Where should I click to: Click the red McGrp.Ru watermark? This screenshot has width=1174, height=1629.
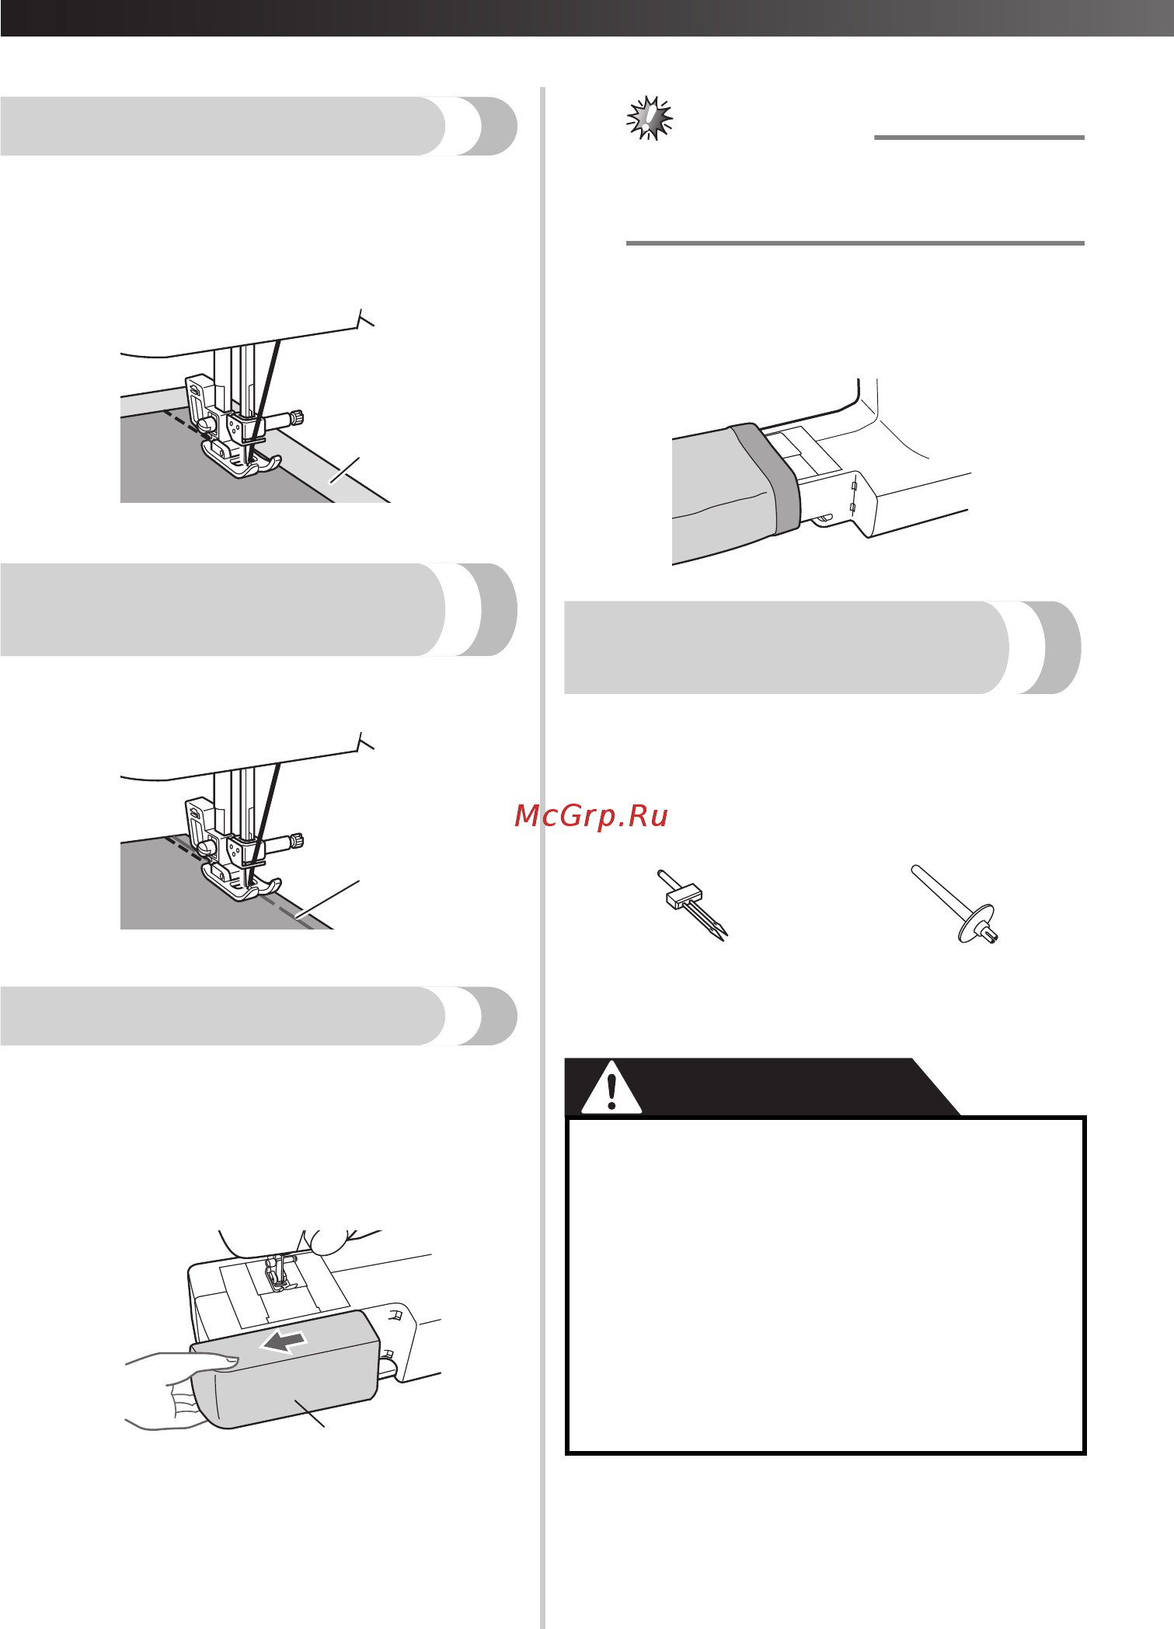591,815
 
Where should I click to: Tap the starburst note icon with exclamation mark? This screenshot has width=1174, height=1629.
650,118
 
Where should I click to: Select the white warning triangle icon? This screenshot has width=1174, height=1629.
611,1087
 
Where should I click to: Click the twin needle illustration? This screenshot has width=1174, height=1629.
692,905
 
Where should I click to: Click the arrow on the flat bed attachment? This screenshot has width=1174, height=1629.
283,1340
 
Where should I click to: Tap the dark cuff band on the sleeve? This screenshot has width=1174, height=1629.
765,478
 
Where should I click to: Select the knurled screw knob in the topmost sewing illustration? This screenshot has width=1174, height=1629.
296,418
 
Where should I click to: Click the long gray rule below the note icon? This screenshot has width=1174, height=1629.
855,243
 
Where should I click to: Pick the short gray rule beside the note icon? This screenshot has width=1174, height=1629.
979,138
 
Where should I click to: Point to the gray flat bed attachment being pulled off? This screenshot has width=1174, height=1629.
286,1369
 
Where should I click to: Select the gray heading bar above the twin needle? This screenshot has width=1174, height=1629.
822,647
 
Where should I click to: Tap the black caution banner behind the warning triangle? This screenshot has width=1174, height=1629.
761,1087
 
